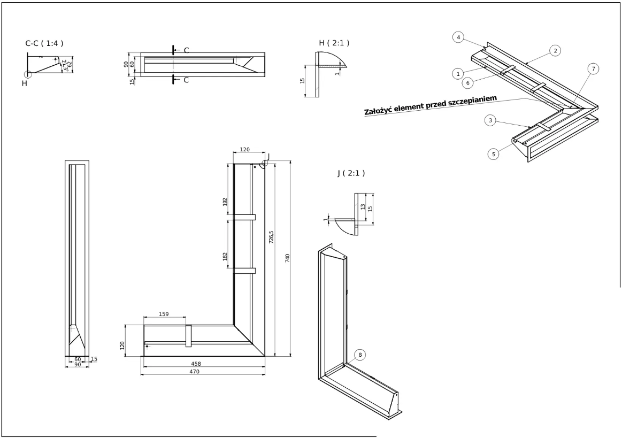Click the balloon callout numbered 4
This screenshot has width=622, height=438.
(x=457, y=37)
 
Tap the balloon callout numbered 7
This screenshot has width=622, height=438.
(x=592, y=68)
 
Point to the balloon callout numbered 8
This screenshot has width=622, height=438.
(x=360, y=355)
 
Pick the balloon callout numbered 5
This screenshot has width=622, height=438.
(x=493, y=154)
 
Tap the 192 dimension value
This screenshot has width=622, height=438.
(x=225, y=202)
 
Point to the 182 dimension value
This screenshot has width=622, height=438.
(x=225, y=256)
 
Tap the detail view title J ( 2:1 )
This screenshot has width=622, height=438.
(x=351, y=173)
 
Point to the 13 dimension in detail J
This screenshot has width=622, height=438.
(x=363, y=206)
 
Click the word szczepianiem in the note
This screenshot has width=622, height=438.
(x=473, y=100)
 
